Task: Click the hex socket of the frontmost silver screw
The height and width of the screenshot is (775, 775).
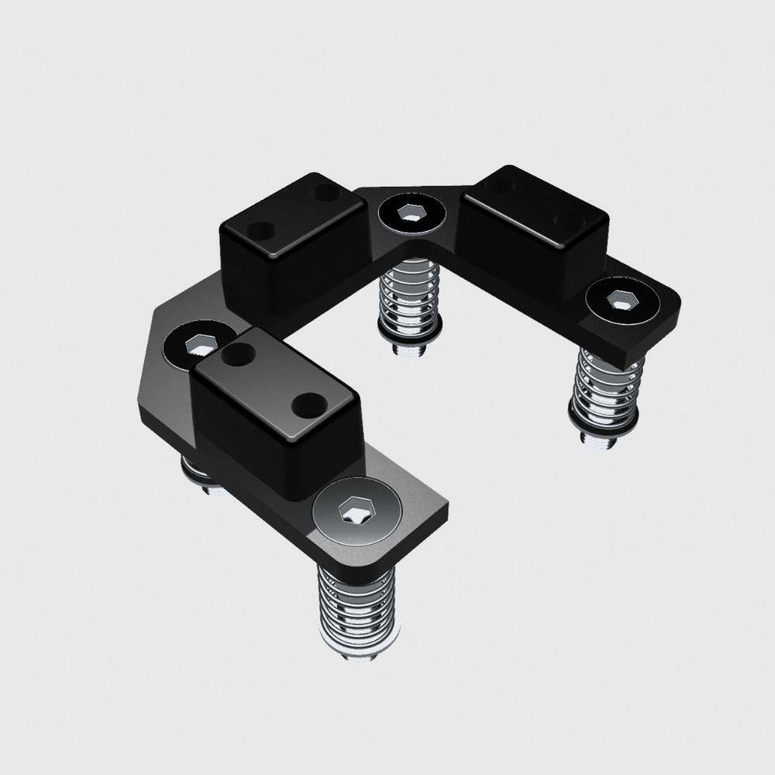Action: pos(355,511)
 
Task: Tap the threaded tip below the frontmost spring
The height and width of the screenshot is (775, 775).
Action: pos(357,655)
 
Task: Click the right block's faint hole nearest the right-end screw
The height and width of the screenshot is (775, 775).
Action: pos(570,222)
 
